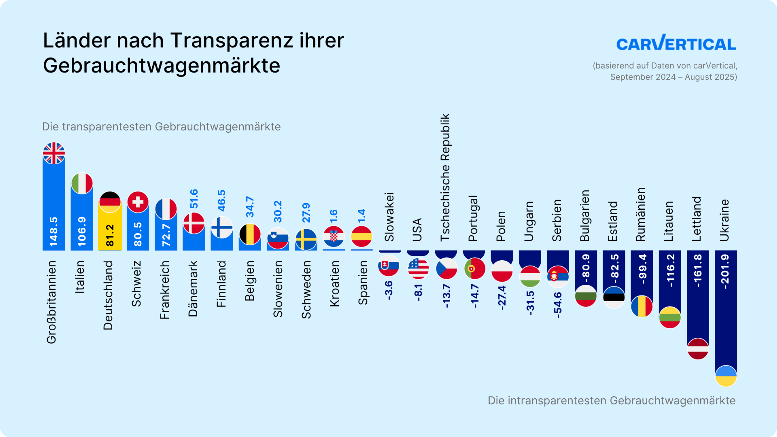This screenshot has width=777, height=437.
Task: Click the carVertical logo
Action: coord(676,43)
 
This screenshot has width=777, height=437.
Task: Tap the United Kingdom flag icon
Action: coord(54,153)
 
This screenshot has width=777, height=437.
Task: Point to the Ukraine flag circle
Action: coord(726,376)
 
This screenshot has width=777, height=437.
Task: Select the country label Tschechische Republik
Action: coord(445,177)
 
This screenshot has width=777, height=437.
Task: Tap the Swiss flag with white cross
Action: coord(138,202)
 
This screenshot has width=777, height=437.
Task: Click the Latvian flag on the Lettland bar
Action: coord(698,349)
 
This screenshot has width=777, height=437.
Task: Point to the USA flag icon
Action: coord(418,268)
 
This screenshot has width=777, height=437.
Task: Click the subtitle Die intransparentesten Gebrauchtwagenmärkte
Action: coord(611,401)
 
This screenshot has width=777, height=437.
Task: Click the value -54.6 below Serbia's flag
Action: coord(557,305)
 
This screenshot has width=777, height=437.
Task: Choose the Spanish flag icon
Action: coord(361,237)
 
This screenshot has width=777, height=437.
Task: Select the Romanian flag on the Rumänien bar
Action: coord(642,306)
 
